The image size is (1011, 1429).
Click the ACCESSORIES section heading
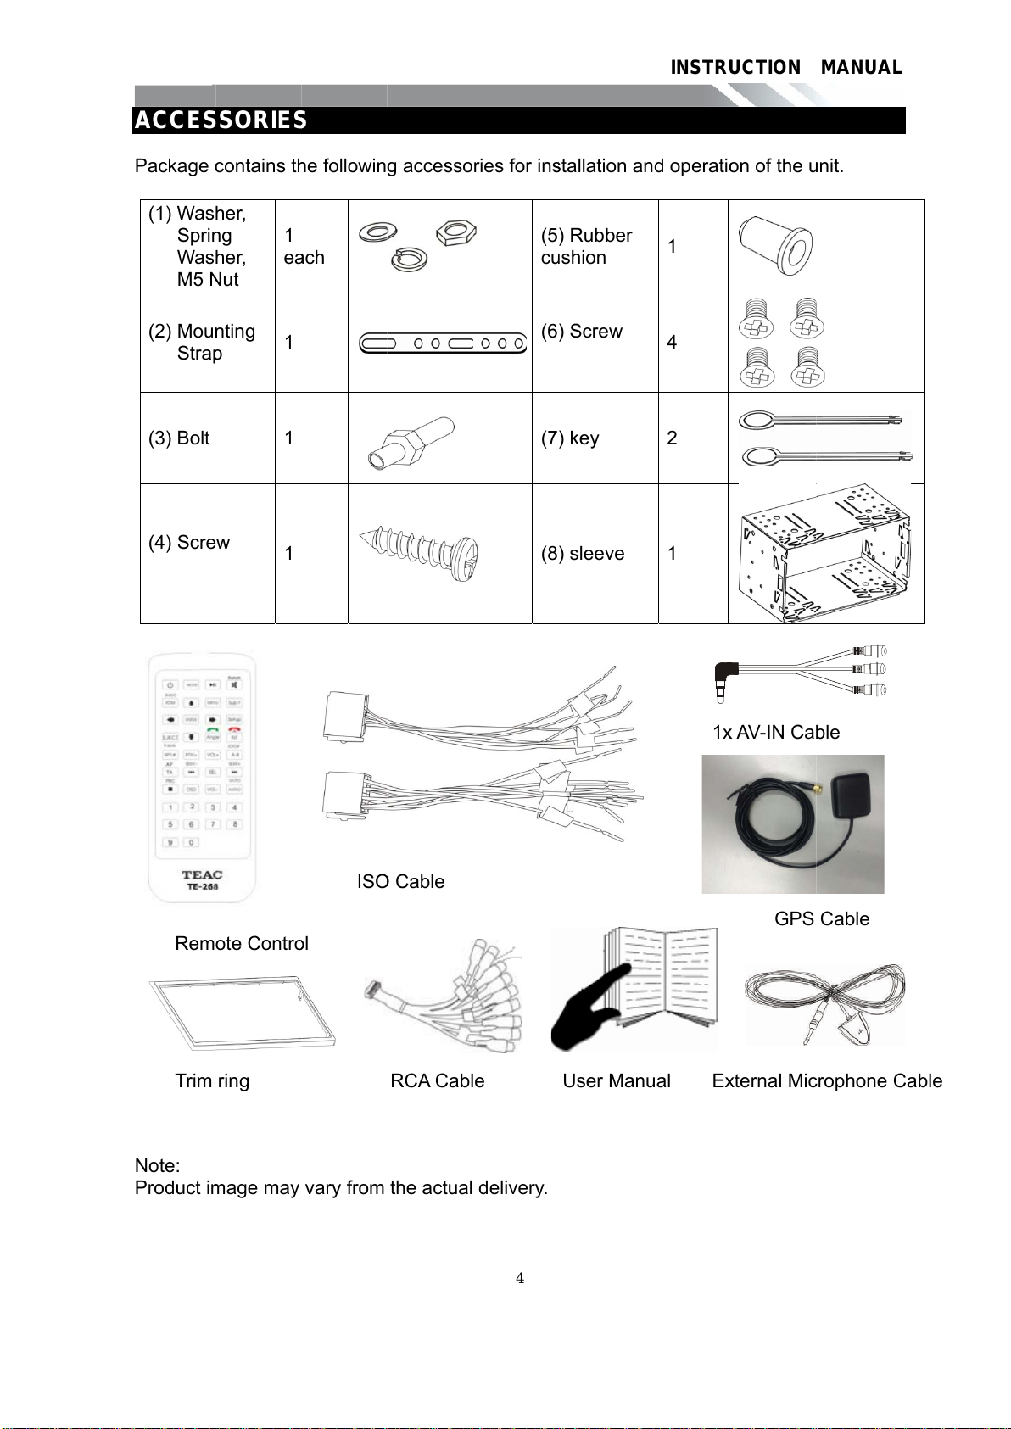click(221, 120)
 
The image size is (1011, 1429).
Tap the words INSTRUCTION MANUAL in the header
click(785, 68)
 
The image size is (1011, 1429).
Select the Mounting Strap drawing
click(442, 343)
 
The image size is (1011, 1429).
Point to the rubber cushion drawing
click(775, 244)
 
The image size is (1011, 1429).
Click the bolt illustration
click(411, 443)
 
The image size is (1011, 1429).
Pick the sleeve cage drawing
click(824, 554)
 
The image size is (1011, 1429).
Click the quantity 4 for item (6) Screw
click(672, 343)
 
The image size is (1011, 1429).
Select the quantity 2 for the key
click(672, 438)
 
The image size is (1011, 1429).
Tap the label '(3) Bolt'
click(179, 438)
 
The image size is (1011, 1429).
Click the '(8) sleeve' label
click(583, 554)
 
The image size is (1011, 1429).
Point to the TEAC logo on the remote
click(202, 874)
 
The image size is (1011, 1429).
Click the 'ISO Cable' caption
click(400, 882)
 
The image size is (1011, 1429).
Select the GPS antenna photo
click(793, 823)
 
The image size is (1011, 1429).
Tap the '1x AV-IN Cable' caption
click(776, 733)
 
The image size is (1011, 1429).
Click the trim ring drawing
click(243, 1013)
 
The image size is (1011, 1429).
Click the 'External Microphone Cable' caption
click(827, 1081)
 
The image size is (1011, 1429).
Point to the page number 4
click(520, 1279)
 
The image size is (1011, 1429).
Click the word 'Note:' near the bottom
click(157, 1166)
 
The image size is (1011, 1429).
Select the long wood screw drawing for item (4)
click(420, 549)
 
